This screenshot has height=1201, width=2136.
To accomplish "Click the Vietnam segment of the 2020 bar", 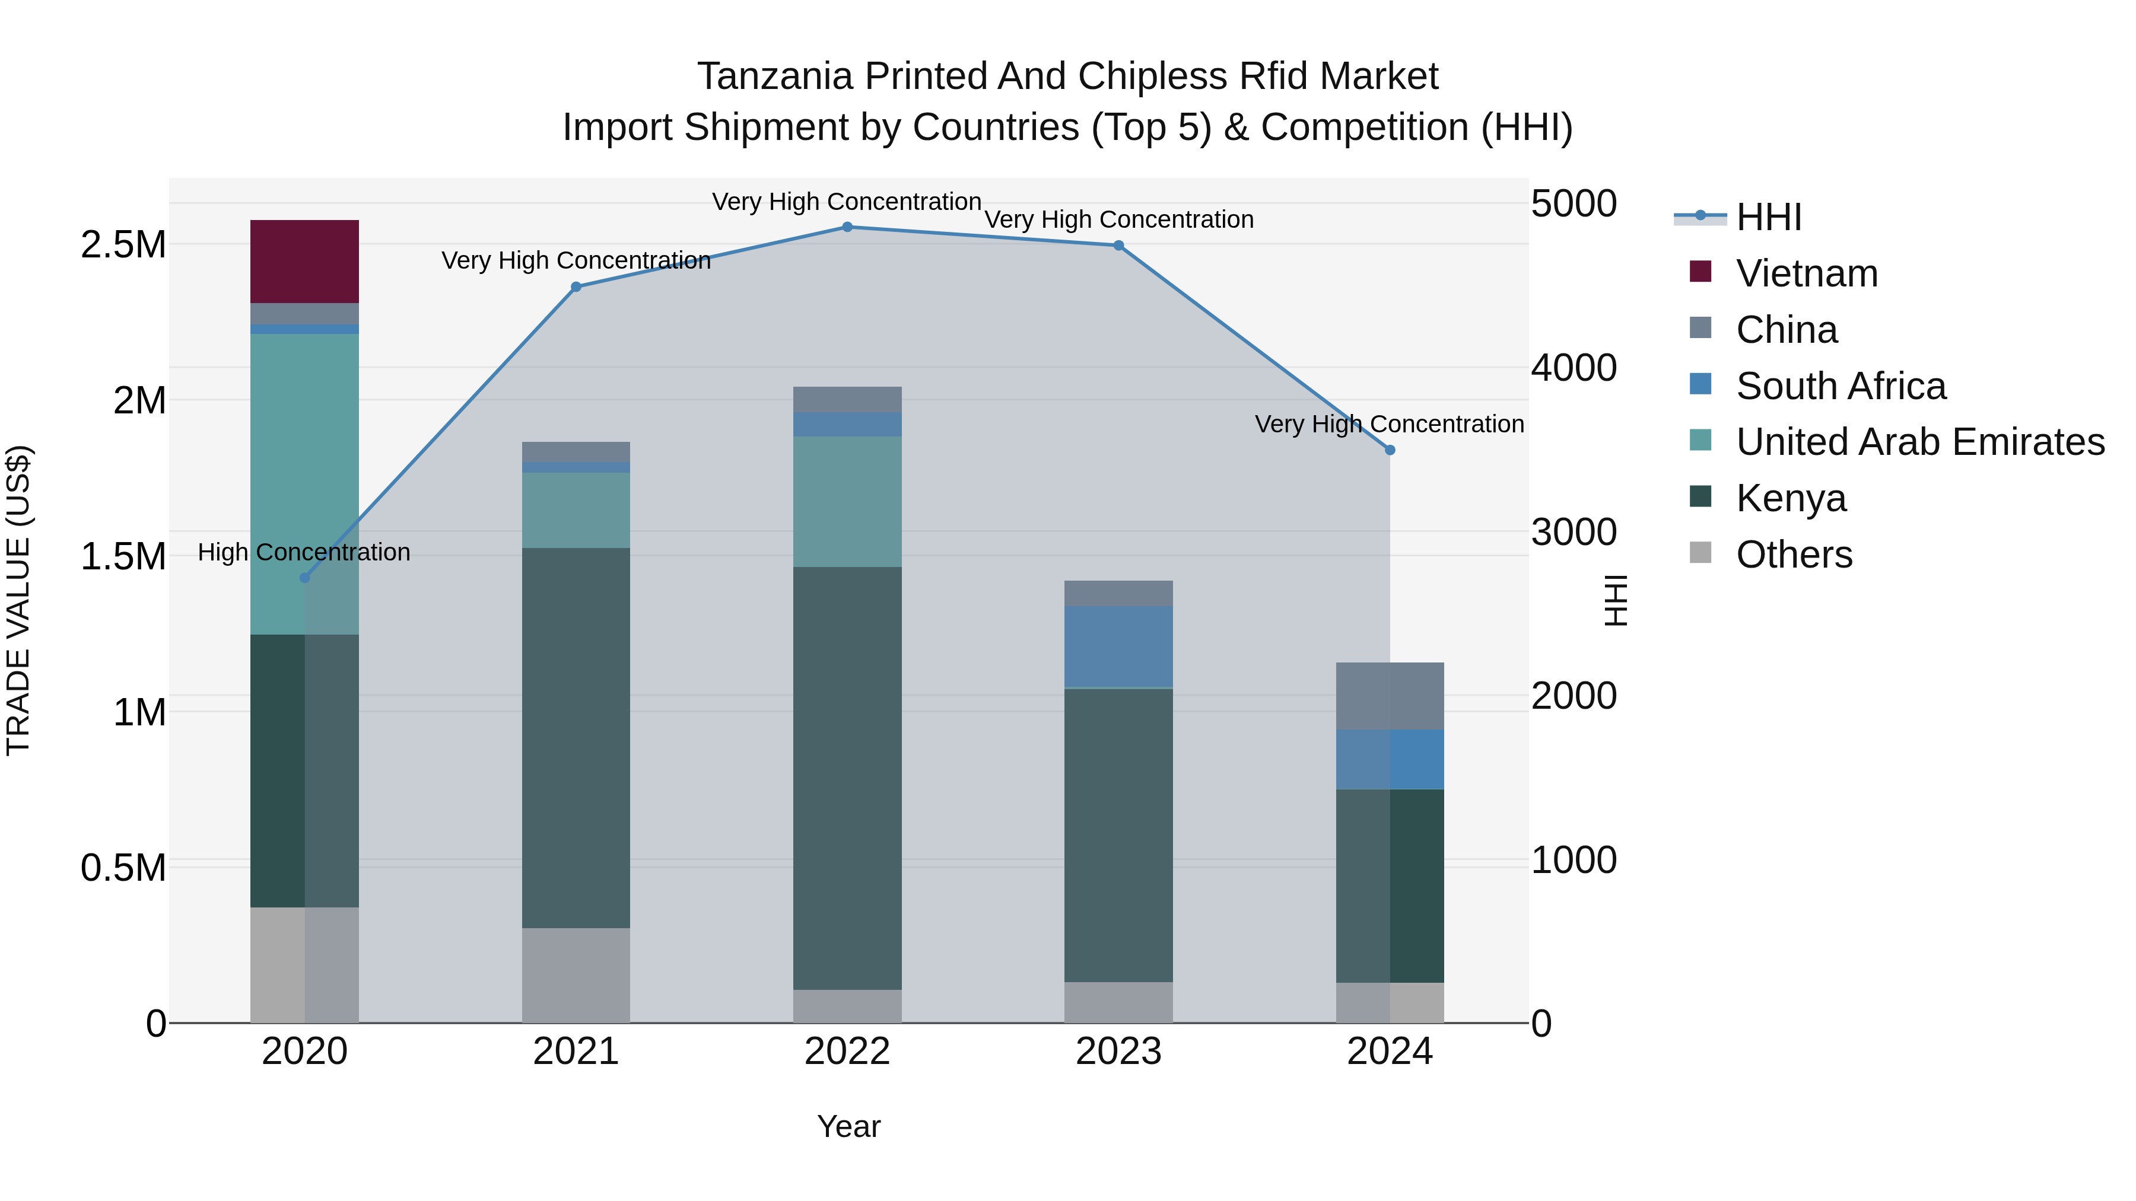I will coord(304,261).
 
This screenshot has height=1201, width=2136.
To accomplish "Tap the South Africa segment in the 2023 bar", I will coord(1118,646).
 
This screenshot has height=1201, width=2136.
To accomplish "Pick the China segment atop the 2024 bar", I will coord(1390,696).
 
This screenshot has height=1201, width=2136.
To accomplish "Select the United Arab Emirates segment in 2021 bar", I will coord(576,509).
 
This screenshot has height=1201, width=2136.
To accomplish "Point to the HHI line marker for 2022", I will coord(847,227).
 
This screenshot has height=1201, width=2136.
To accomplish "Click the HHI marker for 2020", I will coord(304,578).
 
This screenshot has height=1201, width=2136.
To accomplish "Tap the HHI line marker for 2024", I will coord(1390,450).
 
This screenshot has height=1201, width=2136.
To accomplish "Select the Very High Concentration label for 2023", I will coord(1118,219).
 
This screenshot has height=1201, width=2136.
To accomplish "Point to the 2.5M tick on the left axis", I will coord(123,244).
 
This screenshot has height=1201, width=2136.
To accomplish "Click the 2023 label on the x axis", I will coord(1118,1052).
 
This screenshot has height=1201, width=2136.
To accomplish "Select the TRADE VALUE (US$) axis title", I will coord(18,600).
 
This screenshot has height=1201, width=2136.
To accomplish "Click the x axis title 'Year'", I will coord(848,1126).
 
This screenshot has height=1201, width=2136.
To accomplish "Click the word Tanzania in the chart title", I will coord(774,77).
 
